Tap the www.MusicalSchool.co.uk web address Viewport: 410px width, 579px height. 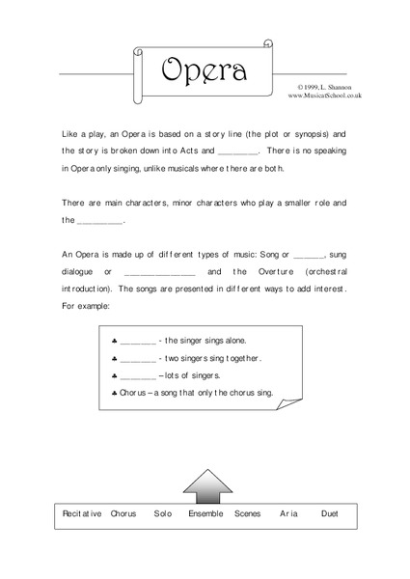click(323, 96)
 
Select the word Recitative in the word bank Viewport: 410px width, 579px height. click(81, 514)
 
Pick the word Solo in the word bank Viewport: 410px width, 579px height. click(162, 514)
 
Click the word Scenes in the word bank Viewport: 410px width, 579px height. click(247, 514)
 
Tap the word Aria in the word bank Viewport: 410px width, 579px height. click(287, 514)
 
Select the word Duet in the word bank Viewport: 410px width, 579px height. click(330, 514)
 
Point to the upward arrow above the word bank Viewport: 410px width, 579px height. click(203, 485)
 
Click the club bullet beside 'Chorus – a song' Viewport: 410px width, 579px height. click(114, 392)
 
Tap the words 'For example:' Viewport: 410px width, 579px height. click(86, 306)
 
